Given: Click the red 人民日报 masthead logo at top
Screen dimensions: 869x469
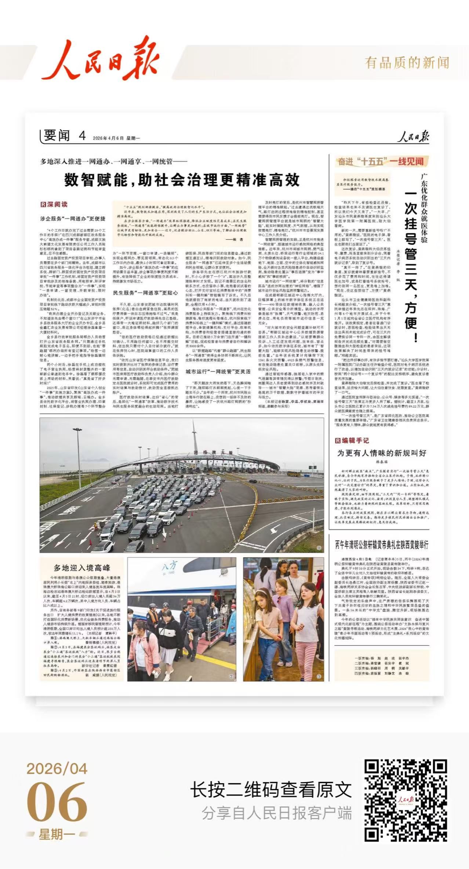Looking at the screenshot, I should (100, 60).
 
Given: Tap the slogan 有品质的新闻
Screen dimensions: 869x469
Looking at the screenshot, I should (407, 63).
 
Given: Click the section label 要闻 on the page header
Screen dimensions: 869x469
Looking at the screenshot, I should (57, 136).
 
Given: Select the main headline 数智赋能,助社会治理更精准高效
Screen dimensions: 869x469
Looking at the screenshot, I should (182, 180).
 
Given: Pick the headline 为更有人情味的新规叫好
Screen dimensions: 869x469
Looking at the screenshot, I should (382, 453).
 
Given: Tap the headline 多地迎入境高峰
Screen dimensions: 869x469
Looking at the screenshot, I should (82, 568).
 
